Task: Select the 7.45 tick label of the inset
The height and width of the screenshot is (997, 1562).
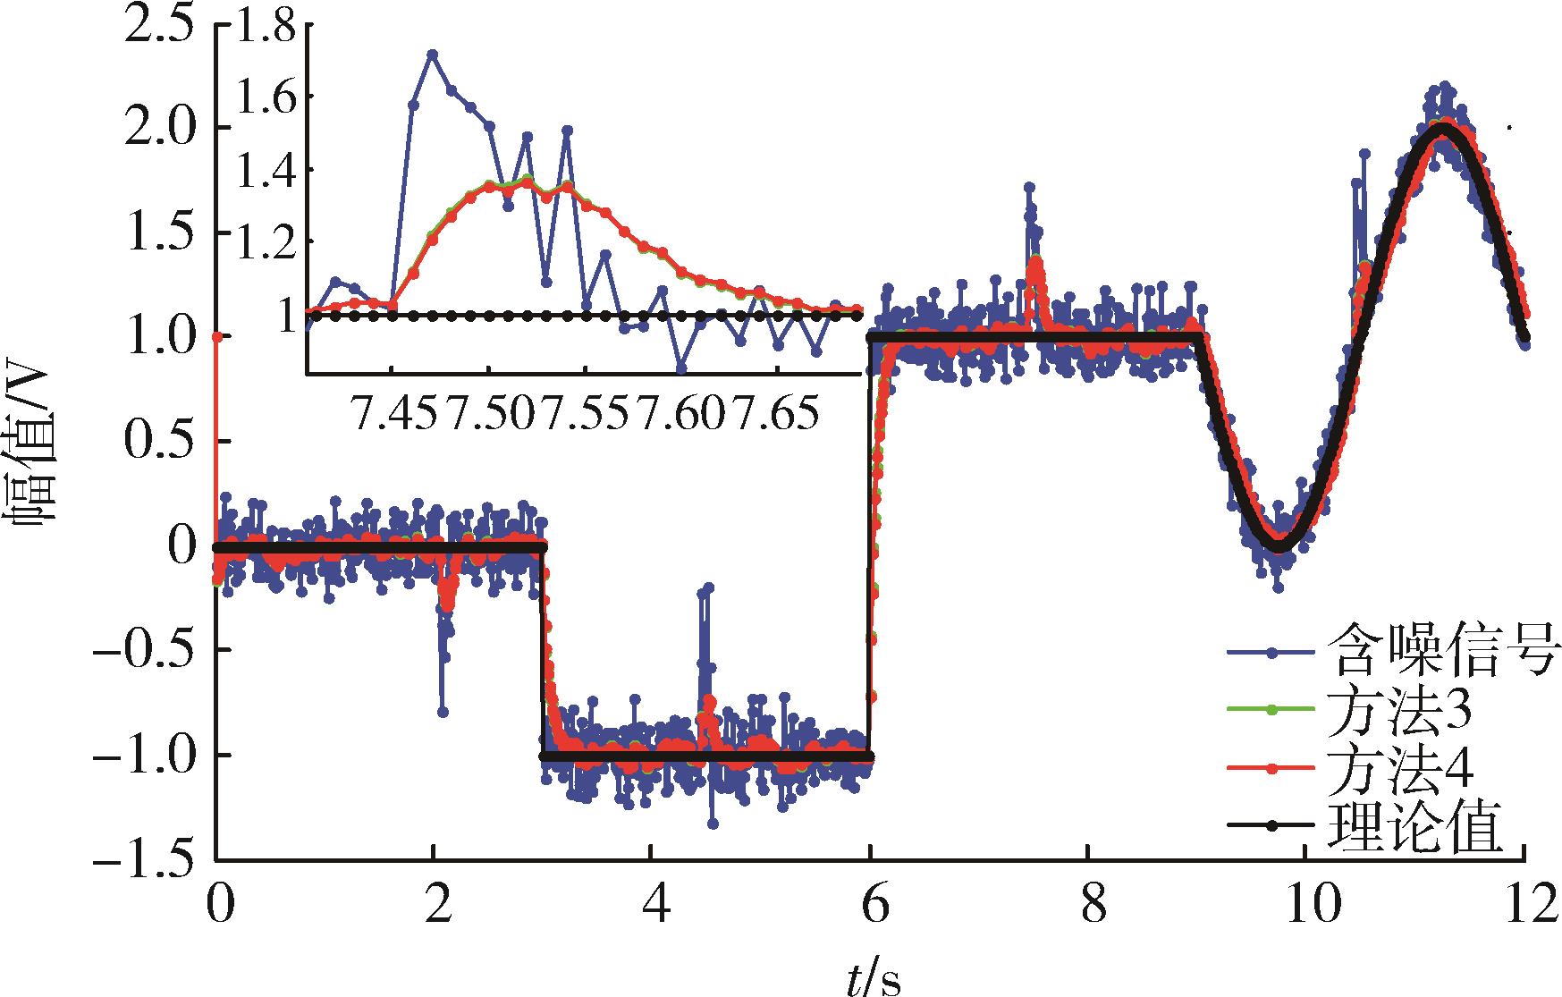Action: [x=393, y=414]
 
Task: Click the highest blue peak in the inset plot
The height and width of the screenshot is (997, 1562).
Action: [x=432, y=54]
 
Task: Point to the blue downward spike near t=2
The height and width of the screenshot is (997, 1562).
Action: [x=442, y=712]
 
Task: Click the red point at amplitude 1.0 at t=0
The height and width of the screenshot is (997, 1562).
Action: [x=216, y=336]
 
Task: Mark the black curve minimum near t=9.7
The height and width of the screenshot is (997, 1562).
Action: [x=1279, y=546]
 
